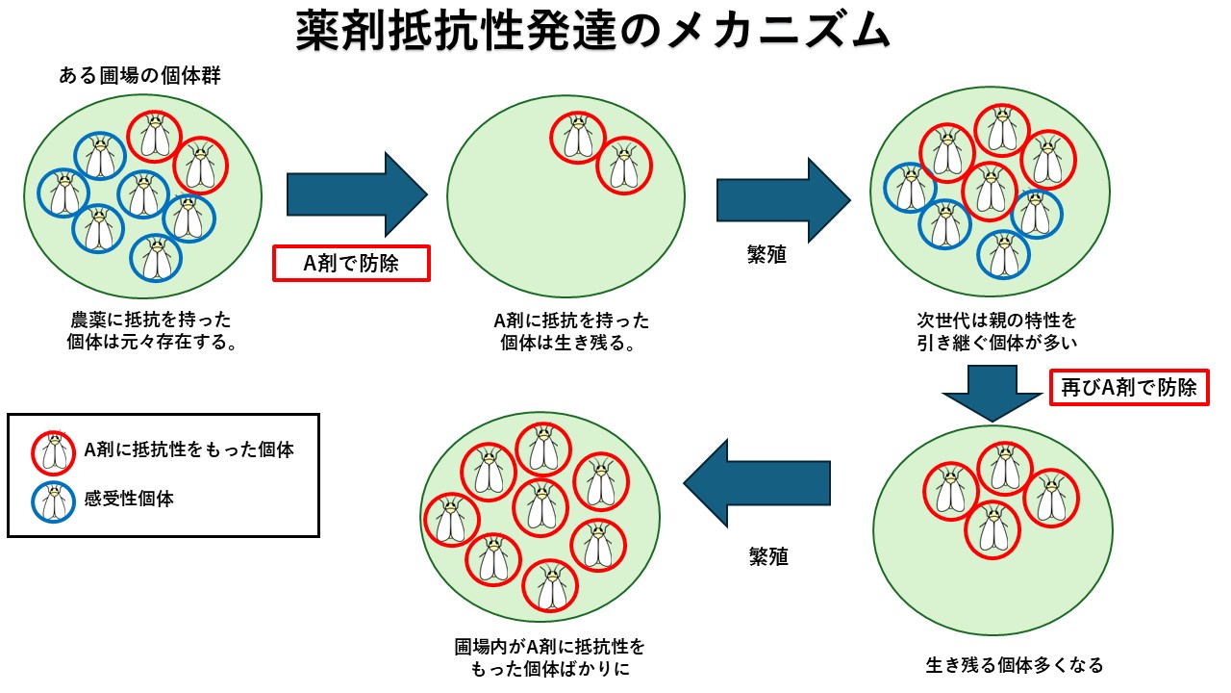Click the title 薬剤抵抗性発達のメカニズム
coord(593,32)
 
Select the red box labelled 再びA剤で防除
coord(1128,387)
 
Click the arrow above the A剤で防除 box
coord(356,195)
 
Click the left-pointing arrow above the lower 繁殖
coord(756,483)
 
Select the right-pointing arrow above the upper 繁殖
coord(783,200)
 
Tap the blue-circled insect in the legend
coord(55,500)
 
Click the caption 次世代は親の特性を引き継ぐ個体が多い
coord(996,330)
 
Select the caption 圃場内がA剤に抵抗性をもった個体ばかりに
coord(549,656)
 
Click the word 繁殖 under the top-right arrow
coord(766,256)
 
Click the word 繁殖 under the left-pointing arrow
coord(768,556)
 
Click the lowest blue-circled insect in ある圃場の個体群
coord(156,258)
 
